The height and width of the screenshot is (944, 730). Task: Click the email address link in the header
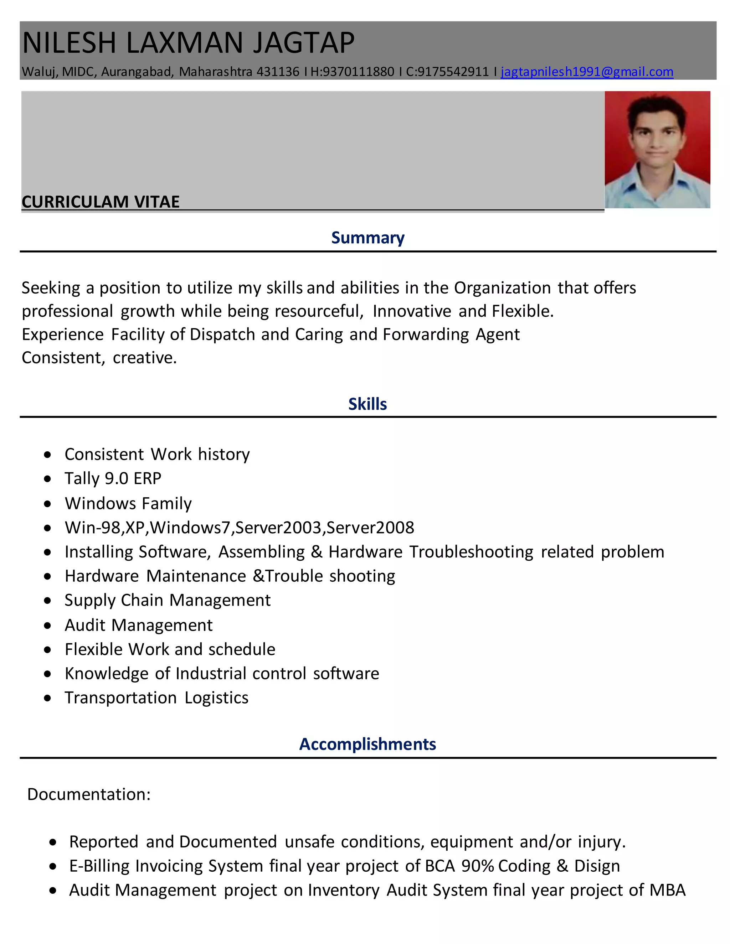tap(586, 71)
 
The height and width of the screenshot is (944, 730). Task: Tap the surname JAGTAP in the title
tap(304, 43)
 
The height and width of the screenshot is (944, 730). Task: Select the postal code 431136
tap(278, 71)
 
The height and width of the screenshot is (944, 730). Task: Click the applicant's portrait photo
tap(657, 149)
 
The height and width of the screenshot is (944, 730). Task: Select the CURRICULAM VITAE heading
tap(100, 202)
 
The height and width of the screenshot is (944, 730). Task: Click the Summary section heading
tap(367, 238)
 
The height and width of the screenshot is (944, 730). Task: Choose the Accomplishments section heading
tap(367, 744)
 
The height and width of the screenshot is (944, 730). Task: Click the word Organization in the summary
tap(502, 288)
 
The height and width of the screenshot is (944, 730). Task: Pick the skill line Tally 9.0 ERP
tap(113, 478)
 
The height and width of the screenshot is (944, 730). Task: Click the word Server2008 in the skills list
tap(370, 527)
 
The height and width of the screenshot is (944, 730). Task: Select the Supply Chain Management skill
tap(168, 600)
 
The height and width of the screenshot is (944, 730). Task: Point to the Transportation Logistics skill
tap(156, 697)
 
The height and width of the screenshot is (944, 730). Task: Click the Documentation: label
tap(89, 794)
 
